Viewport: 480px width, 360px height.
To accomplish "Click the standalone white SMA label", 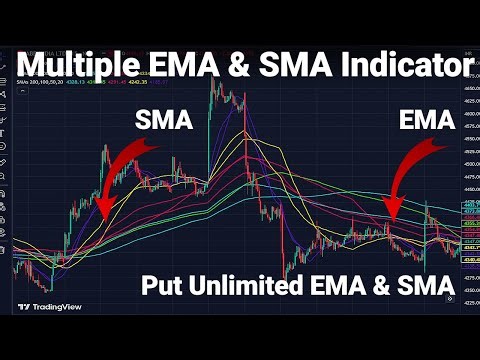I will point(162,122).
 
